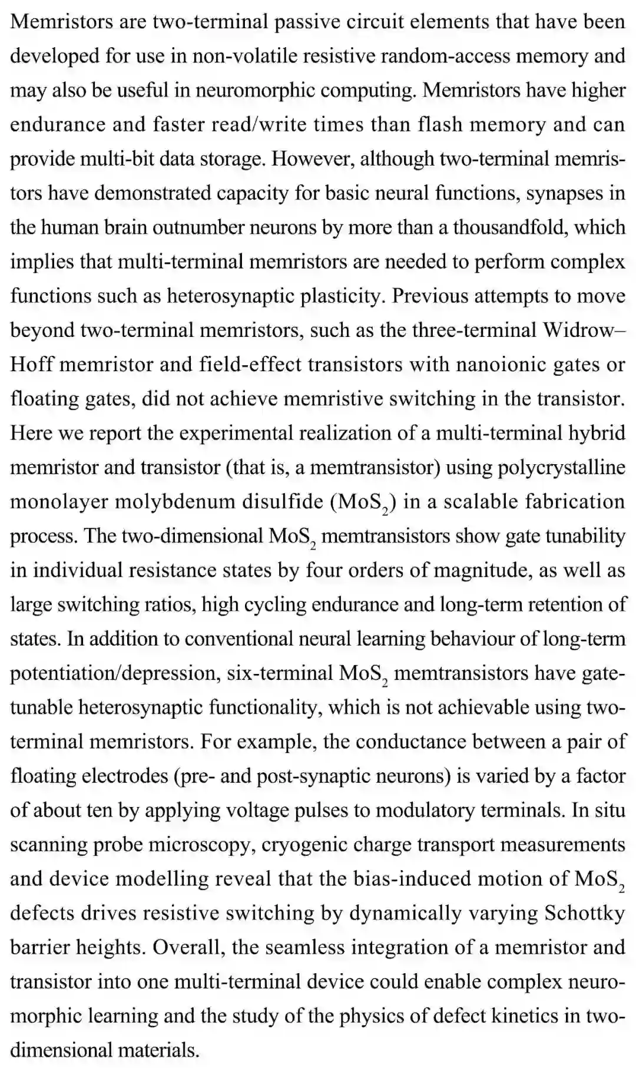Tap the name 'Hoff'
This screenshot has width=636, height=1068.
pyautogui.click(x=32, y=364)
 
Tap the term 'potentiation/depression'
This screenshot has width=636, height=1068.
pyautogui.click(x=115, y=673)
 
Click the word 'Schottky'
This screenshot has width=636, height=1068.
pyautogui.click(x=584, y=912)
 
